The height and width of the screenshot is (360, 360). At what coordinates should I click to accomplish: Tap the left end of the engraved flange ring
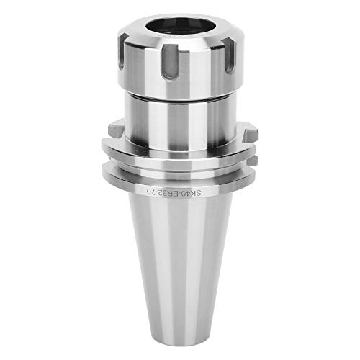108,176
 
